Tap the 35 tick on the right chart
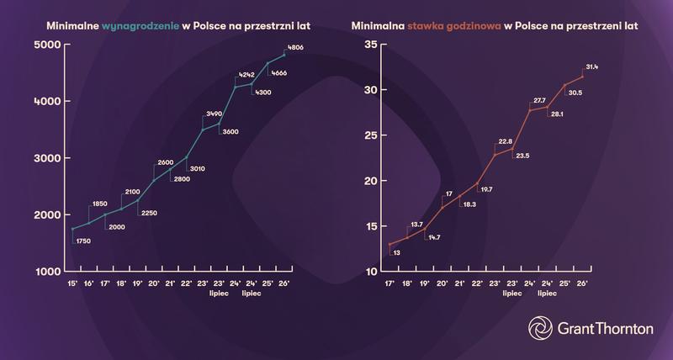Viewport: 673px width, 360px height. click(x=370, y=45)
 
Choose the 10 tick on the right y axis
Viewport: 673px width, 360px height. click(x=370, y=272)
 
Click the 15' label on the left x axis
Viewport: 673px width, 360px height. click(x=73, y=285)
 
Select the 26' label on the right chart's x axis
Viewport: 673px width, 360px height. click(x=582, y=285)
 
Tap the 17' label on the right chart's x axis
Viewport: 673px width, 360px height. click(x=389, y=285)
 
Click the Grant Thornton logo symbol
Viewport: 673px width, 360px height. click(x=539, y=328)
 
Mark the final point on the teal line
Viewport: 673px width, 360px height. click(x=284, y=55)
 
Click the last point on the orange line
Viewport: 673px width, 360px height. click(x=582, y=77)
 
